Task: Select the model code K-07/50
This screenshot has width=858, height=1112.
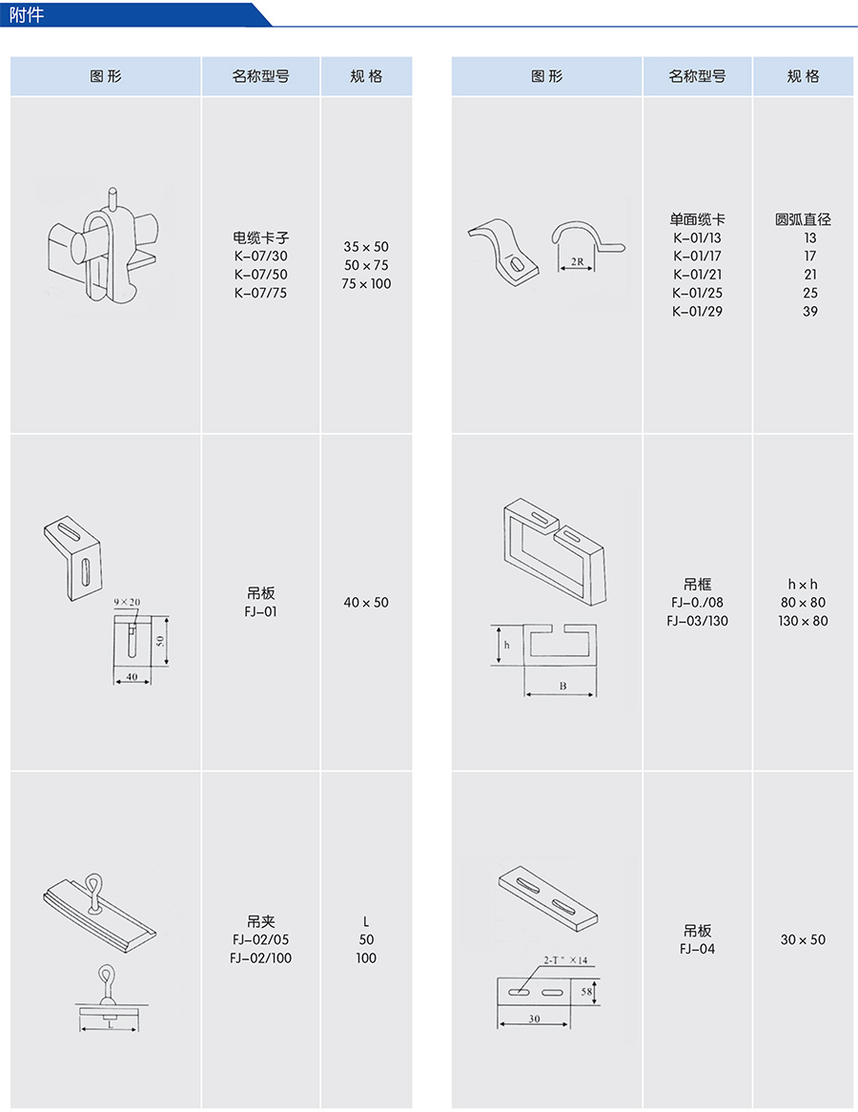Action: (260, 275)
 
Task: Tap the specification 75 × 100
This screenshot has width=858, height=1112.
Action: (366, 283)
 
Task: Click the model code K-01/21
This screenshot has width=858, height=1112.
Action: (697, 275)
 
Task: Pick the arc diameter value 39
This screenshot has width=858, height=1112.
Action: (810, 311)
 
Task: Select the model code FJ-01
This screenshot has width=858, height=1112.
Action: (260, 611)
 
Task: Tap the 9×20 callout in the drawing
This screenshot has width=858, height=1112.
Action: (126, 603)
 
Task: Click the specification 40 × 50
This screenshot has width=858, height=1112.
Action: (366, 603)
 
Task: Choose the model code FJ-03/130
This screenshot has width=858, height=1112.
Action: (697, 621)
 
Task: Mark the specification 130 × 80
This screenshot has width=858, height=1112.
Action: (803, 621)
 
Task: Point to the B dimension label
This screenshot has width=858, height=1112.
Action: (562, 685)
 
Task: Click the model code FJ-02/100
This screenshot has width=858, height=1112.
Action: (260, 958)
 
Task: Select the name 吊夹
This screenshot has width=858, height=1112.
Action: (260, 921)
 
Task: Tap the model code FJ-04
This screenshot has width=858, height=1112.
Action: (697, 948)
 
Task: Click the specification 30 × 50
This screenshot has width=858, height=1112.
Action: (803, 939)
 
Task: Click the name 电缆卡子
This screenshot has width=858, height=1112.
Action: (260, 237)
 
